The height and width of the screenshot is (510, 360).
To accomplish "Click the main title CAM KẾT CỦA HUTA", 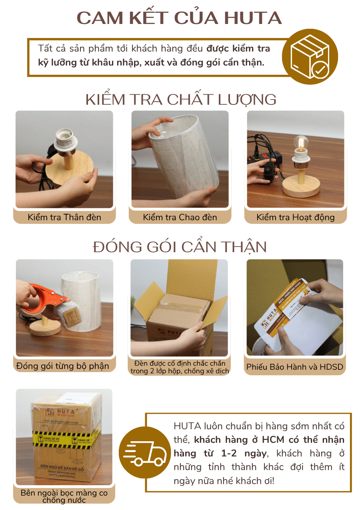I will [180, 18].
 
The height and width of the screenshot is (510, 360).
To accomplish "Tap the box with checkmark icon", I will [310, 57].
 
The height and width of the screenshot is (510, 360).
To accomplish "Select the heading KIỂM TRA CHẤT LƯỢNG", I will [181, 100].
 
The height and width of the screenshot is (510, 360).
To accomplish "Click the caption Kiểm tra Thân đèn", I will [64, 217].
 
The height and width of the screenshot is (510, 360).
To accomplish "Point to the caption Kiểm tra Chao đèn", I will [180, 217].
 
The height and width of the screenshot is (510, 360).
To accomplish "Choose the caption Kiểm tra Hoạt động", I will [296, 217].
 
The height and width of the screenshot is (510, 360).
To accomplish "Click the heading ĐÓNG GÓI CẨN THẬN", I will [180, 247].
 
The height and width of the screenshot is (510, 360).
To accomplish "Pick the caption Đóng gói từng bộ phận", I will [63, 366].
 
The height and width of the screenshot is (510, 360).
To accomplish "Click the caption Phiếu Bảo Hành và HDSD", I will [295, 367].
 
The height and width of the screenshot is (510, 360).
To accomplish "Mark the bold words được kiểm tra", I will [238, 49].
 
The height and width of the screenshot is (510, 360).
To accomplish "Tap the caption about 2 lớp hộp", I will [180, 367].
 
